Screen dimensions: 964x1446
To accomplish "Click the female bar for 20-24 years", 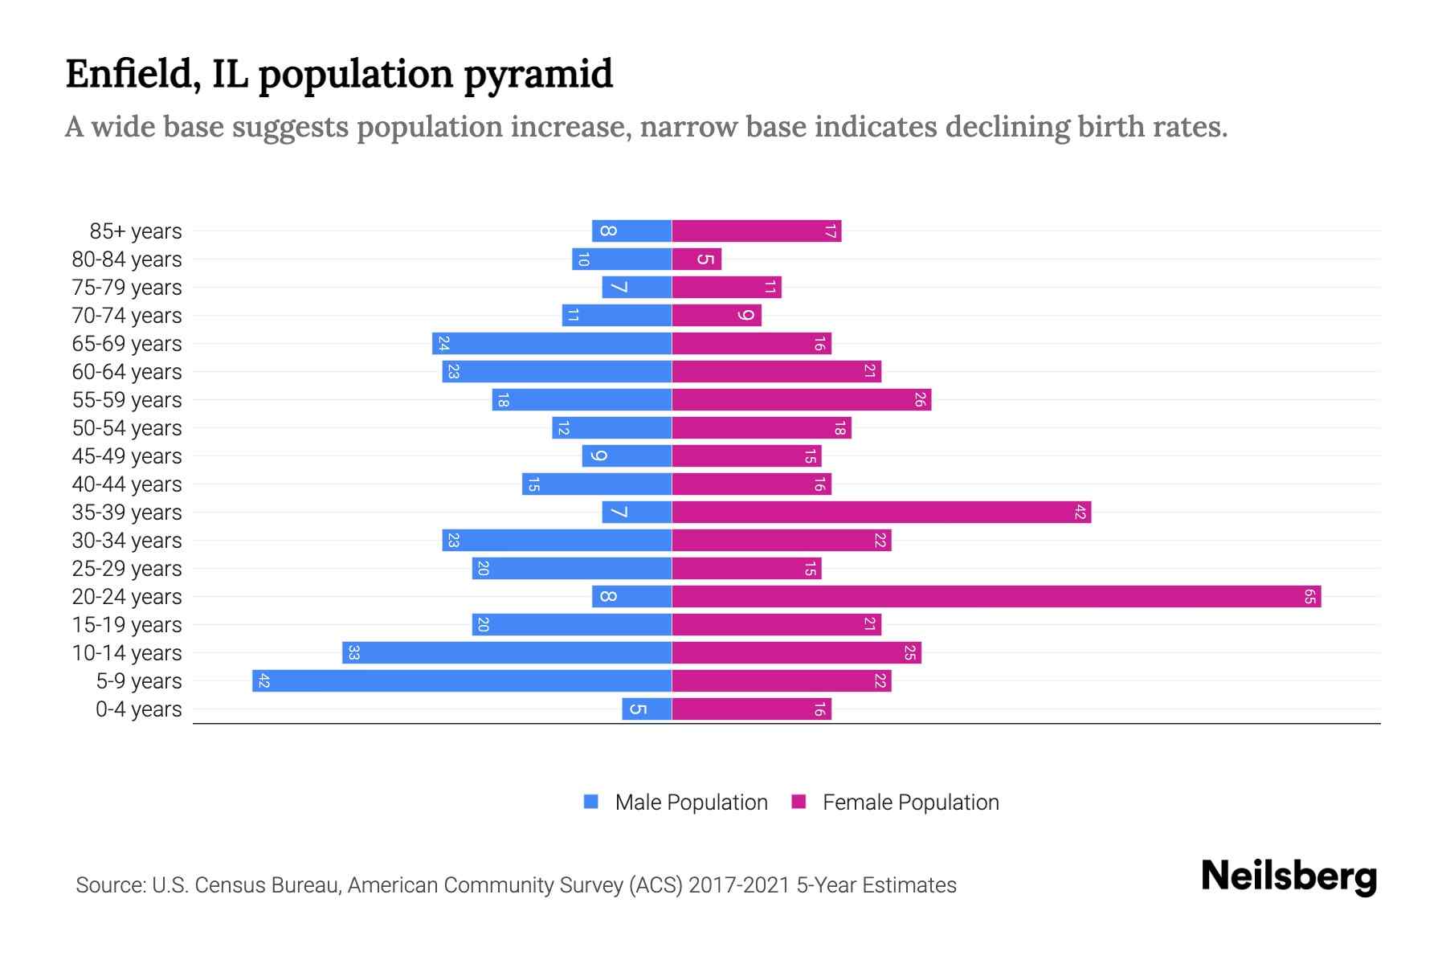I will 996,597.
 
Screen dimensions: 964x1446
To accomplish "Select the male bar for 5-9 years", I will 462,681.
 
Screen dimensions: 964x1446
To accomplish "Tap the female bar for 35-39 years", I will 881,513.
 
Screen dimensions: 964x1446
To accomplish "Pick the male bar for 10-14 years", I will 507,653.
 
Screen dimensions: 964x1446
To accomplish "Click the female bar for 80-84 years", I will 696,259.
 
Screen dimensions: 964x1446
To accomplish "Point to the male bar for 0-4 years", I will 647,709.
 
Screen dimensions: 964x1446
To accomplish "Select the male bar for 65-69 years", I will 552,344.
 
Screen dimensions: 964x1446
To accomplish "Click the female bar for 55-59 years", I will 801,400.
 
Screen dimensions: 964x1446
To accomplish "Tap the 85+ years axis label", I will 136,231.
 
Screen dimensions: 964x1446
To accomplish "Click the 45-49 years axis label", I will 127,456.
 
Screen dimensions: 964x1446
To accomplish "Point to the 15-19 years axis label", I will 127,625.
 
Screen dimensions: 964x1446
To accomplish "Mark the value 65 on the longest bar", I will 1309,597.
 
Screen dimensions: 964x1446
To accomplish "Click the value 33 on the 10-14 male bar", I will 353,653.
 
